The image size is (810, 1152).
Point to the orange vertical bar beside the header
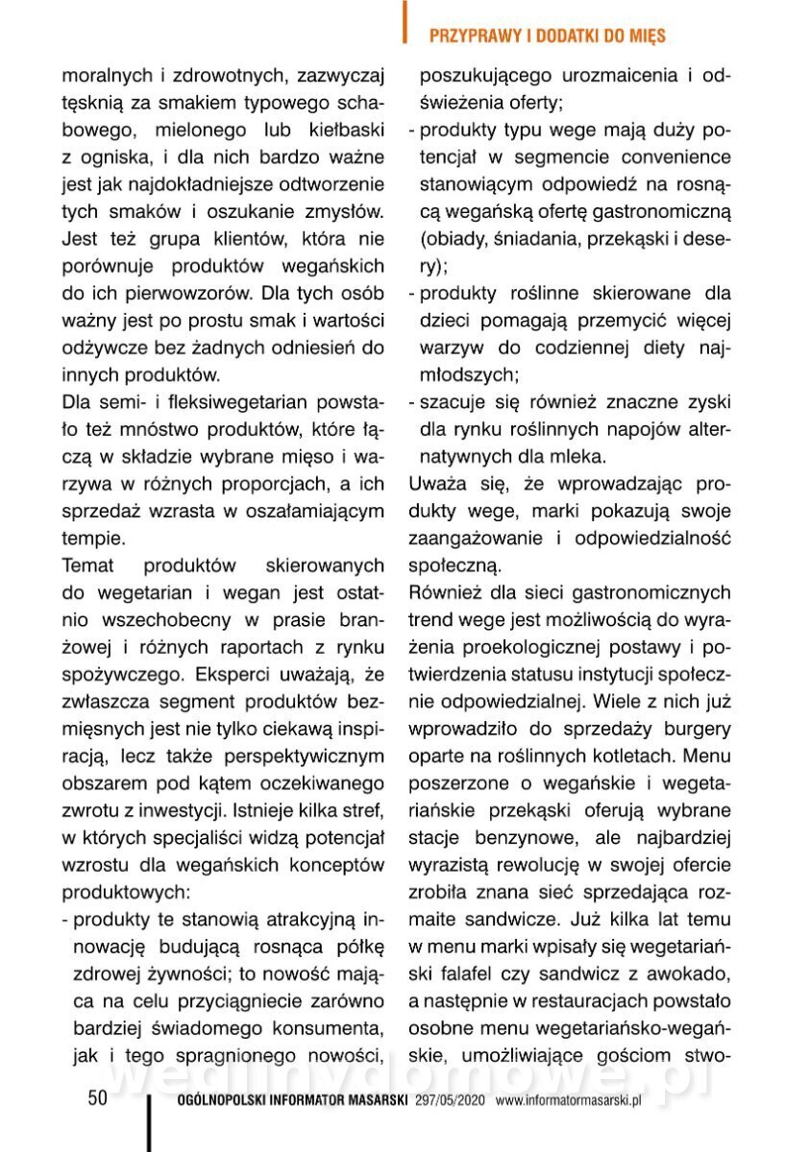click(x=405, y=21)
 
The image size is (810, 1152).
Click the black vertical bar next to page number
click(x=149, y=1123)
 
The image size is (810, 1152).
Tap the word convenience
click(x=673, y=156)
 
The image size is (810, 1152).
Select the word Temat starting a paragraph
click(x=92, y=565)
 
